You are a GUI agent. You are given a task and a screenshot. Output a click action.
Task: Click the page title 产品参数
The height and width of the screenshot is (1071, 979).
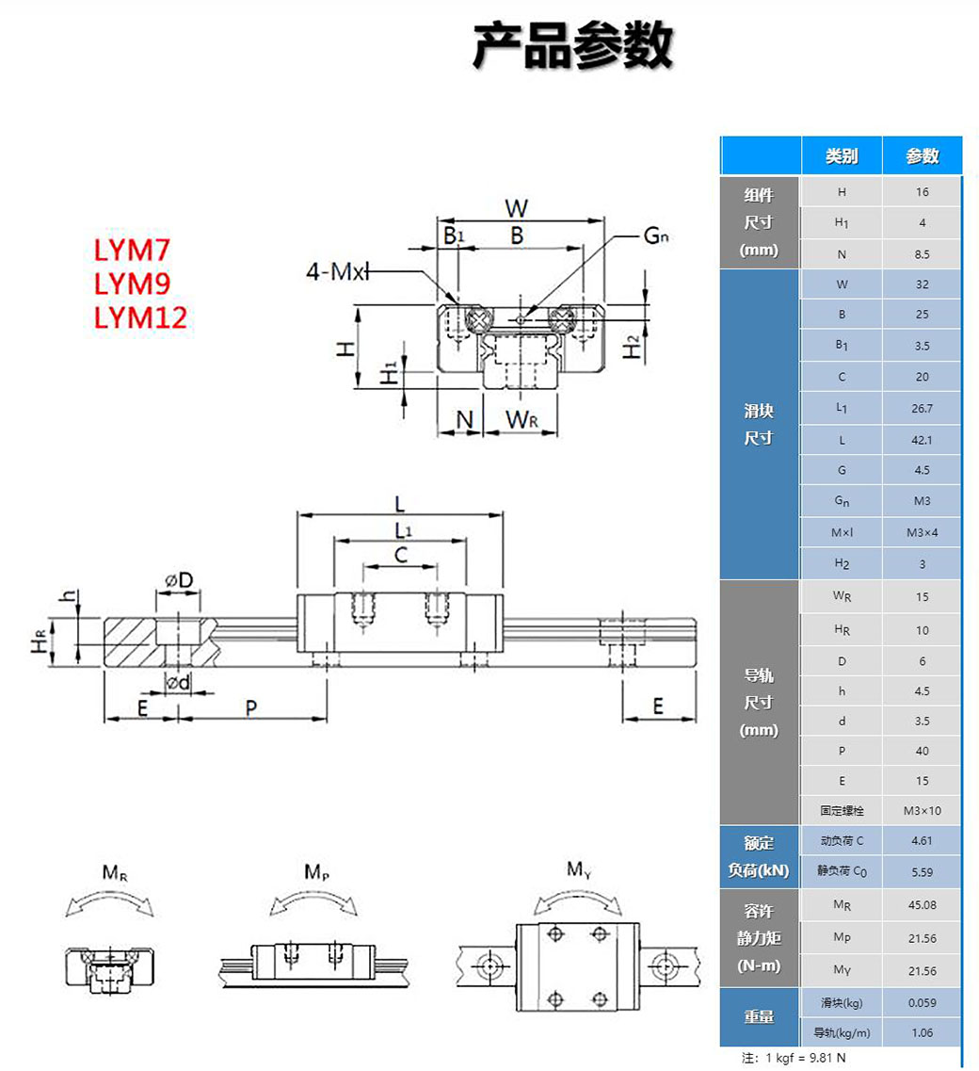[572, 47]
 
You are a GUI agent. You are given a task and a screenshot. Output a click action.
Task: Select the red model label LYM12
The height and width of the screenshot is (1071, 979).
[141, 317]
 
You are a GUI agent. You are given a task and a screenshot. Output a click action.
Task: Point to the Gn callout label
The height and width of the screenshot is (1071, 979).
[656, 235]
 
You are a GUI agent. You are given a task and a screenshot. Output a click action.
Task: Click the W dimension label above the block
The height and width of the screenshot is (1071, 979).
[517, 207]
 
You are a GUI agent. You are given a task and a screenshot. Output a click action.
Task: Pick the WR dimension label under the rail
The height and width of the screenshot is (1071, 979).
[521, 420]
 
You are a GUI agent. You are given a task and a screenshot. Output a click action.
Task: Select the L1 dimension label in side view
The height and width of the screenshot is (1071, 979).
[402, 529]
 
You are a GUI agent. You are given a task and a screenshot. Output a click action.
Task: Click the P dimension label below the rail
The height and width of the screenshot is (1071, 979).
[251, 707]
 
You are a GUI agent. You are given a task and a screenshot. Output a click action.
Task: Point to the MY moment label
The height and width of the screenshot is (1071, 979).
[579, 869]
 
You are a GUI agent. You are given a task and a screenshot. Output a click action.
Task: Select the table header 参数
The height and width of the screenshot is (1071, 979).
[923, 156]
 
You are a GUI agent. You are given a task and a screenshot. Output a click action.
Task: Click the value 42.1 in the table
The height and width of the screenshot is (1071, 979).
[922, 440]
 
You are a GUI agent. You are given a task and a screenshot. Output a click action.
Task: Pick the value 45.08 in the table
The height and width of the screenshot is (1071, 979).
[922, 905]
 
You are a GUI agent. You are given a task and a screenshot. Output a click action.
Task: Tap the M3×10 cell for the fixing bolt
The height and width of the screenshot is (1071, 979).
[922, 810]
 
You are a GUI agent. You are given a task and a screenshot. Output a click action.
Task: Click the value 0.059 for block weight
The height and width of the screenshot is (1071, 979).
[922, 1003]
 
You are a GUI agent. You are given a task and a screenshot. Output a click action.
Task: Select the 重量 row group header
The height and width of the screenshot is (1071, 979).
[759, 1016]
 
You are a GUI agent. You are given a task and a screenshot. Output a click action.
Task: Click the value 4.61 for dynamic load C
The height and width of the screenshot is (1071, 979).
[922, 840]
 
